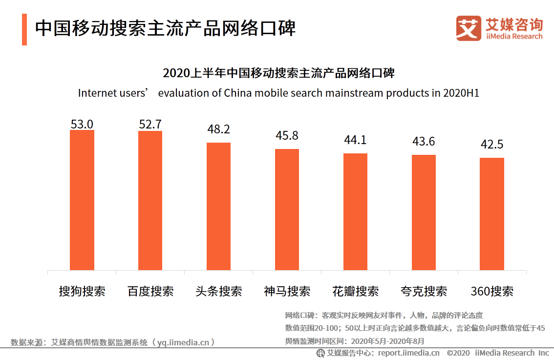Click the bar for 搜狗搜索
(82, 200)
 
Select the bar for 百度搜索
(150, 200)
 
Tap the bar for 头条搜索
(218, 206)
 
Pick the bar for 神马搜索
(287, 209)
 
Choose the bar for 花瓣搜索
(355, 212)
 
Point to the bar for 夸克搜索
(424, 212)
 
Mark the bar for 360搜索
(491, 213)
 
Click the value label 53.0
(82, 124)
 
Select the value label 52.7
(150, 125)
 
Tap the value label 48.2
(218, 129)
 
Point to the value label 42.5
(491, 145)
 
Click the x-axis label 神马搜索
(287, 292)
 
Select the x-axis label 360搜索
(491, 292)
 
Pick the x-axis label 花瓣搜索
(355, 292)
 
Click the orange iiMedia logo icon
(469, 28)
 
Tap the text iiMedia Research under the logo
(514, 36)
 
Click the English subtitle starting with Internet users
(278, 93)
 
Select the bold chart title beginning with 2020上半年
(278, 74)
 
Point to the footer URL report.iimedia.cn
(408, 353)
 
